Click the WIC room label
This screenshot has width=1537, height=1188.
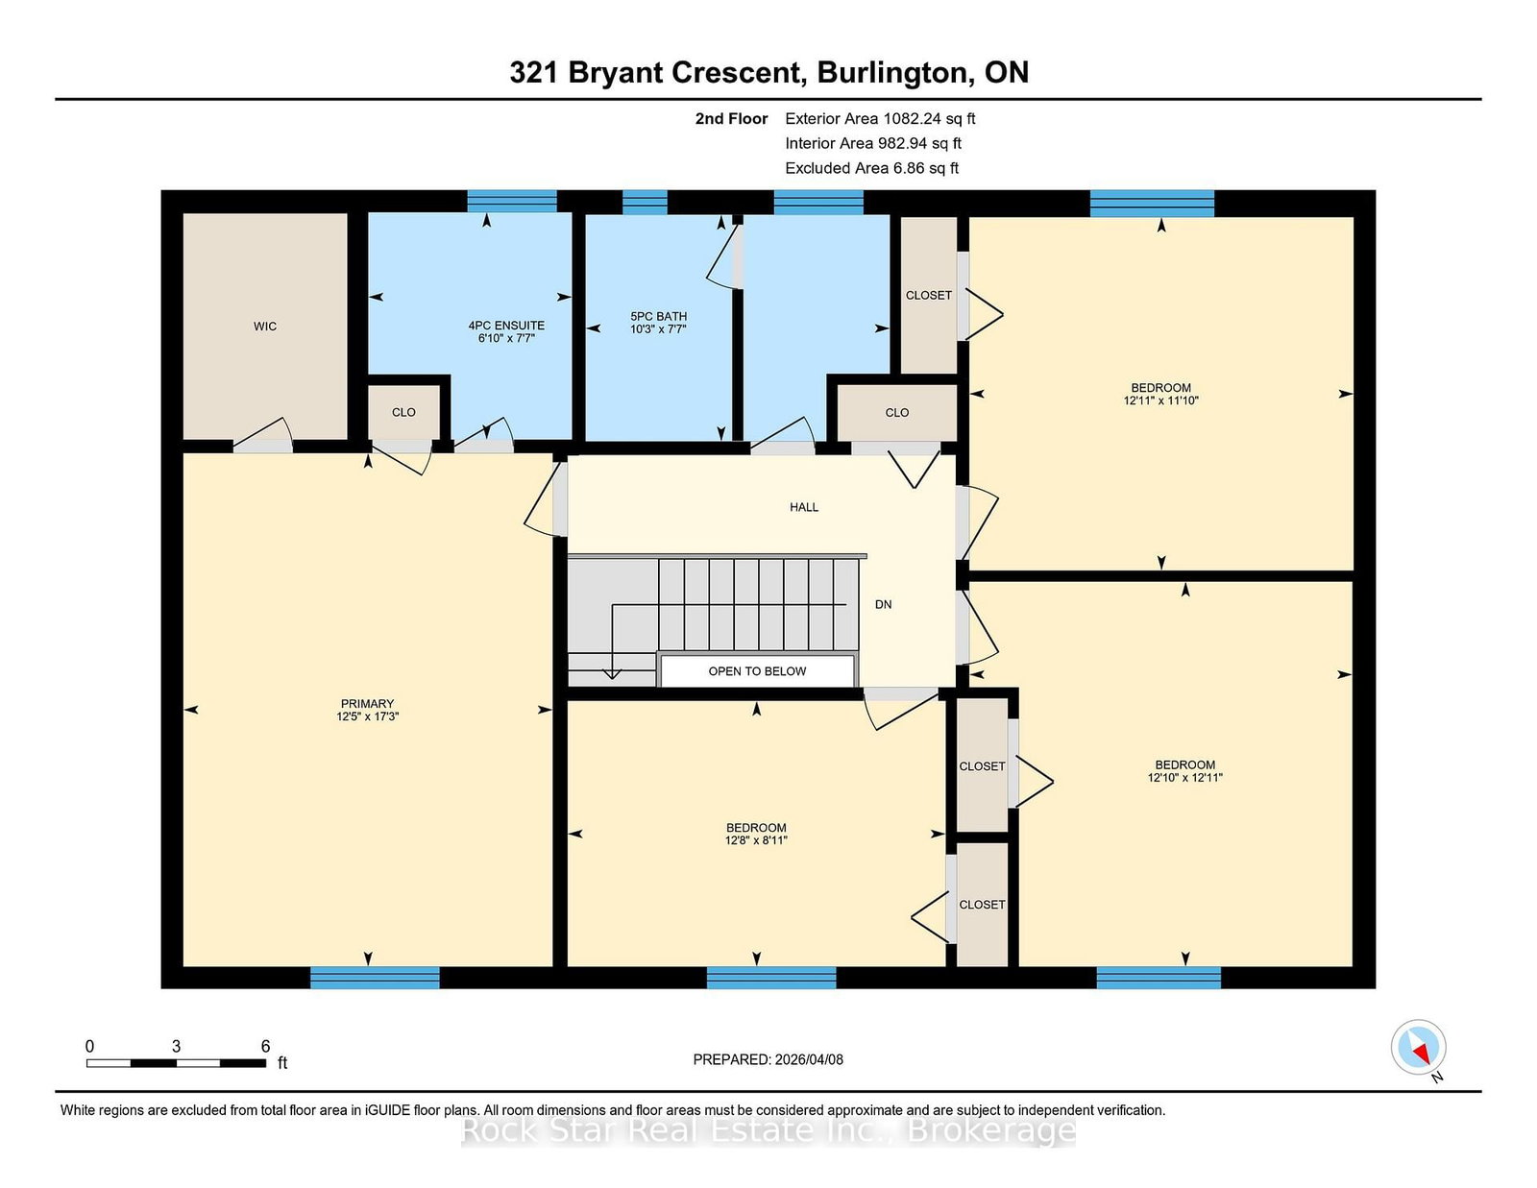tap(265, 326)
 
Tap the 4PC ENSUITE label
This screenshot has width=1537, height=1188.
tap(506, 326)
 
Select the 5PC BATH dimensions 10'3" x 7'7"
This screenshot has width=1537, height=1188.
tap(659, 328)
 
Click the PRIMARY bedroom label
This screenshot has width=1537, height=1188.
tap(367, 704)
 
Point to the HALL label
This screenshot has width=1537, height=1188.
tap(804, 507)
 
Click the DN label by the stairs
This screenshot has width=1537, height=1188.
tap(884, 605)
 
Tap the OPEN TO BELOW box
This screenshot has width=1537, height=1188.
tap(758, 671)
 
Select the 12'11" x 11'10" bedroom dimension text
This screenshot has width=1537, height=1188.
tap(1160, 400)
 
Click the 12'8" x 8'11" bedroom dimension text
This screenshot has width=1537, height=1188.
tap(756, 840)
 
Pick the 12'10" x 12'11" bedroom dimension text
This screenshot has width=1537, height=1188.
tap(1185, 777)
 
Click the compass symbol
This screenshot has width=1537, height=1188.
tap(1419, 1047)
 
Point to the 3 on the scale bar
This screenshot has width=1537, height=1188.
tap(176, 1047)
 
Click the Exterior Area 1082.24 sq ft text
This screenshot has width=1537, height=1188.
tap(880, 119)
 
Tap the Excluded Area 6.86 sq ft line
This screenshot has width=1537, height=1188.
tap(872, 168)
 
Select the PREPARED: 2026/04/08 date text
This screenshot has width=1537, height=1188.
tap(768, 1059)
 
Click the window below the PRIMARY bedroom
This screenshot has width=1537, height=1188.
tap(375, 978)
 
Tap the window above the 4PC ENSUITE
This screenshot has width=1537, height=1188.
tap(512, 201)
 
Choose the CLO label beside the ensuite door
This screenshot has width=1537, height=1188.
tap(403, 412)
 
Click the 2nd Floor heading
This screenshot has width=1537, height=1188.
tap(731, 119)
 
